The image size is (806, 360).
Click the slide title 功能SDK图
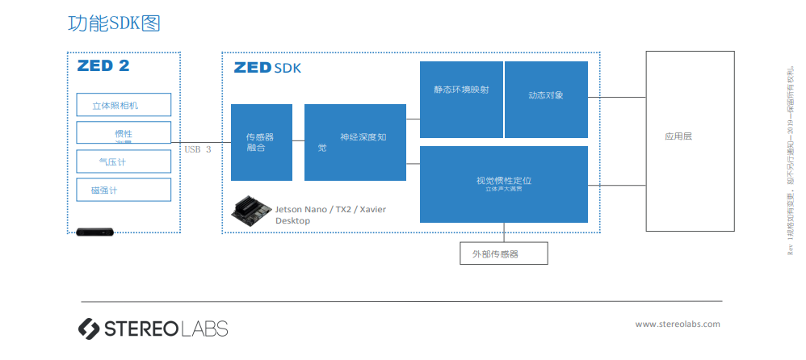tap(114, 23)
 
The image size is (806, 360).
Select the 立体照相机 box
tap(124, 105)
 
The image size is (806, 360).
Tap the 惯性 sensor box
tap(124, 133)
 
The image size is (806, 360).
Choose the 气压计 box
tap(124, 161)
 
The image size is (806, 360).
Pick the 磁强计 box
tap(124, 190)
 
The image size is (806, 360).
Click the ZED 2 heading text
tap(103, 66)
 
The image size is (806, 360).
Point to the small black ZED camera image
tap(94, 232)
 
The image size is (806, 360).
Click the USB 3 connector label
tap(198, 149)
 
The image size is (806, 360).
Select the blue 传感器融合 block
tap(261, 142)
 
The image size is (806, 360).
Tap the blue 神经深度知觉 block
tap(355, 142)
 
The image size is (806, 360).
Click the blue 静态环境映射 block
tap(461, 98)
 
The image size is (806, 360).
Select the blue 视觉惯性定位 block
tap(503, 184)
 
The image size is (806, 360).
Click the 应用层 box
tap(689, 136)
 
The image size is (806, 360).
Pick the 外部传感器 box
tap(503, 253)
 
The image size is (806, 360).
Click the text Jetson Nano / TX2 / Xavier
tap(330, 209)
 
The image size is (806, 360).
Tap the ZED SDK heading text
tap(267, 69)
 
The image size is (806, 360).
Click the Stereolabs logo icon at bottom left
tap(88, 328)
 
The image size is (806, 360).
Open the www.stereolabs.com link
tap(677, 324)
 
